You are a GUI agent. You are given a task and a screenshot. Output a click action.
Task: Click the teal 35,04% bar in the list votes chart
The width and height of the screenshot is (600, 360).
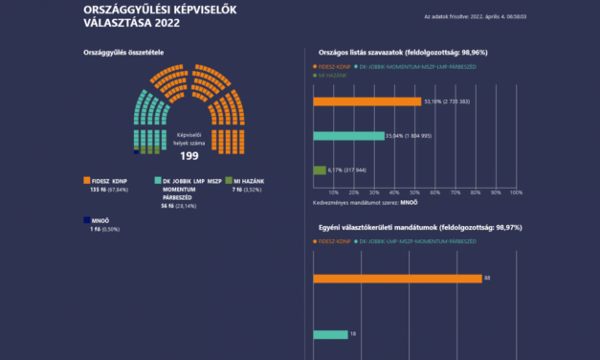348,135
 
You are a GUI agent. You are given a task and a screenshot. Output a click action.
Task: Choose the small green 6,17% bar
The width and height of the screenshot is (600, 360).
319,169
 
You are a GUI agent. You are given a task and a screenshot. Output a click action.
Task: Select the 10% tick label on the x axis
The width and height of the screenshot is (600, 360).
333,192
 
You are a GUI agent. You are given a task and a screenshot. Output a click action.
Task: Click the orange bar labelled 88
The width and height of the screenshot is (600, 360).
397,278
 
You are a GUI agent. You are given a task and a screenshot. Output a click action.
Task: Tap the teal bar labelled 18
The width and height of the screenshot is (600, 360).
330,334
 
